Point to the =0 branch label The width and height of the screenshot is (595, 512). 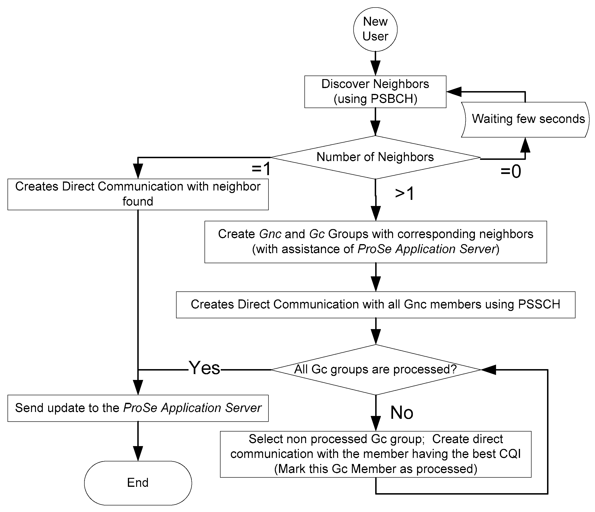point(510,172)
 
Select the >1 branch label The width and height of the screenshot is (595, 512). point(404,193)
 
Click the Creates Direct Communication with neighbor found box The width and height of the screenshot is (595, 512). point(138,194)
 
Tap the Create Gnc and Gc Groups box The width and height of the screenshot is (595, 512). point(375,242)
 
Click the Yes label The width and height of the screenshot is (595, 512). point(204,368)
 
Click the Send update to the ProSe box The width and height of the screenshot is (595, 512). point(138,408)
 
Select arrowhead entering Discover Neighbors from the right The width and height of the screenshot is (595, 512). point(453,92)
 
